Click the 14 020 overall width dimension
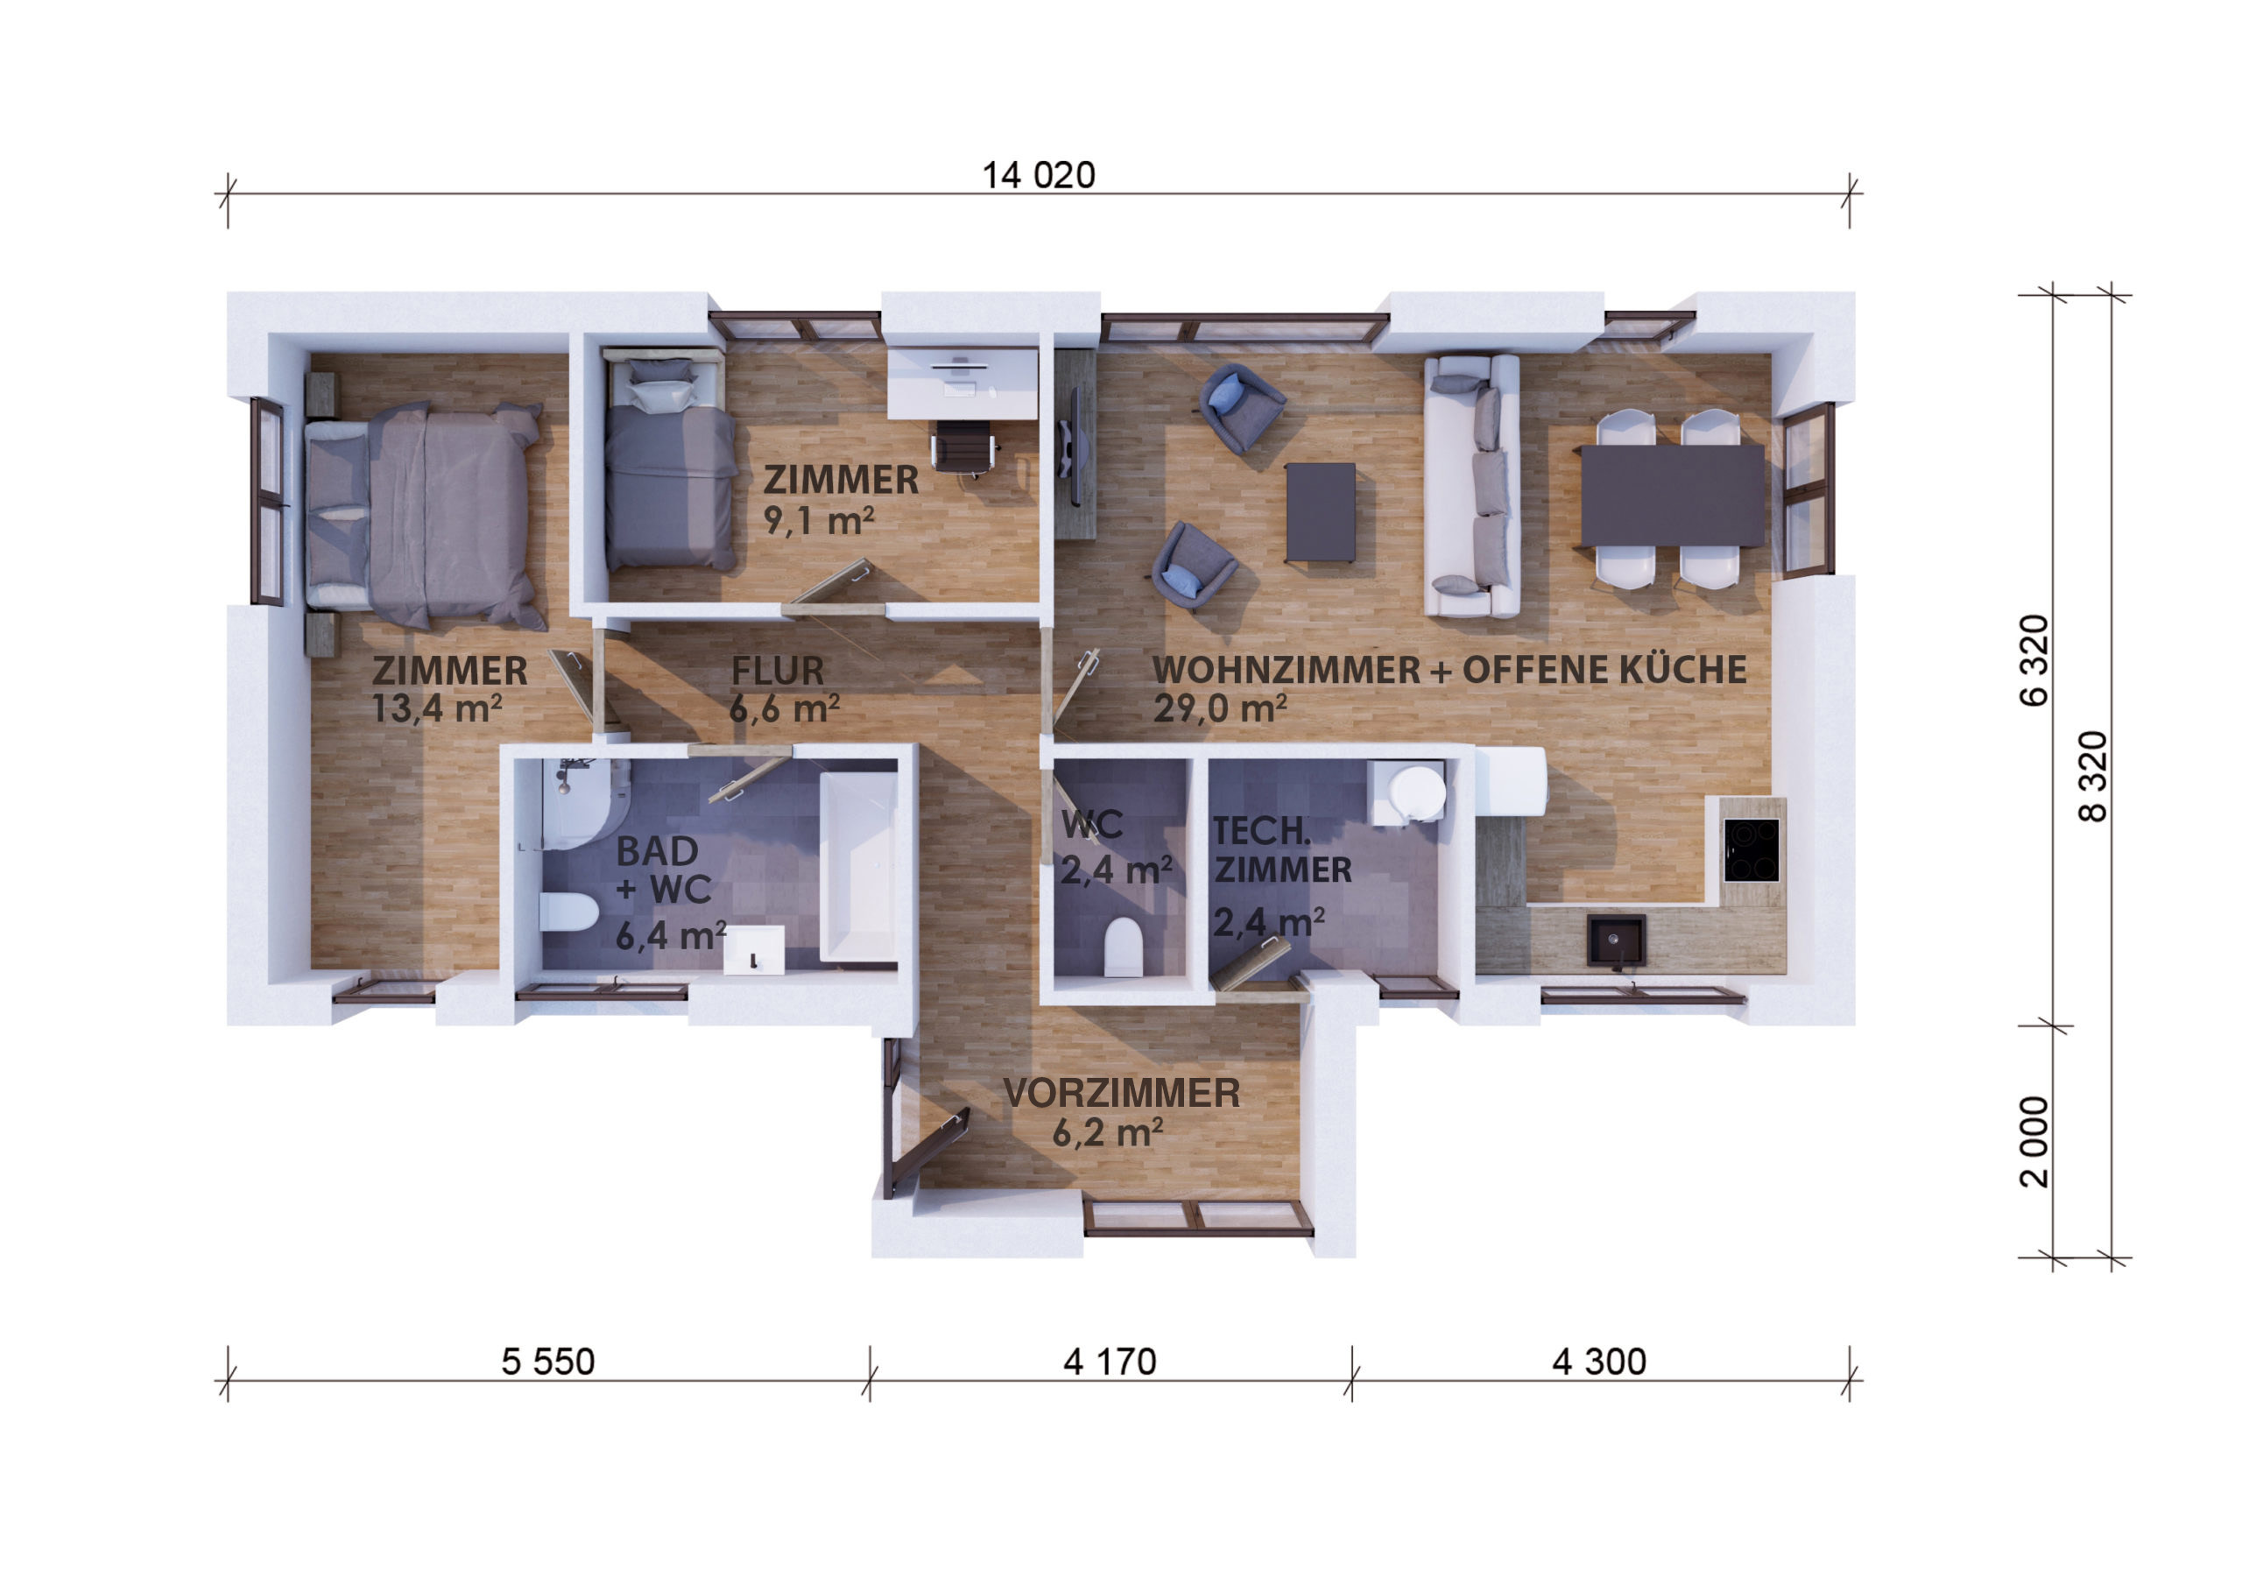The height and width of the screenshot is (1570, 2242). [1038, 176]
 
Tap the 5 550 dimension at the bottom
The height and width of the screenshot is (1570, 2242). [548, 1362]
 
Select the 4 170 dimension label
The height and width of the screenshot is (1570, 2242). [1110, 1362]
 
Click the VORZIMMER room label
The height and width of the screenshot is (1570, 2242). [1121, 1093]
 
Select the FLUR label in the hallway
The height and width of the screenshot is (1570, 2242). [778, 671]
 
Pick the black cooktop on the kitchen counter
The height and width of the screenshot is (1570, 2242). [1751, 849]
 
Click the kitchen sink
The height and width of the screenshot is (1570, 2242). [1616, 940]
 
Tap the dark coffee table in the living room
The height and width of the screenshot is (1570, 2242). [1320, 512]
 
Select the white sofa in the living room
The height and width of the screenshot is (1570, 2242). [1471, 485]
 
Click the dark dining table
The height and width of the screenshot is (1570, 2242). [1672, 495]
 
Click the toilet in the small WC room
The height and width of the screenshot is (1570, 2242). [1122, 946]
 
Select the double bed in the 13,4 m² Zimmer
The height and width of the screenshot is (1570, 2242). [425, 515]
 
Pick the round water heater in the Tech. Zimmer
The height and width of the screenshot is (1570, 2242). [1416, 792]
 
